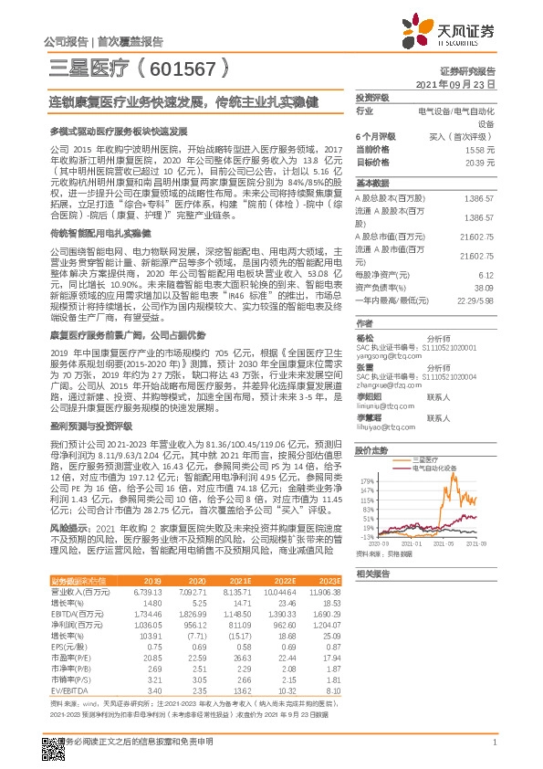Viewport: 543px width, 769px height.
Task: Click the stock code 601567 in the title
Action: (x=183, y=68)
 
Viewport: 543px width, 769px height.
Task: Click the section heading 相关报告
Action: (x=373, y=573)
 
